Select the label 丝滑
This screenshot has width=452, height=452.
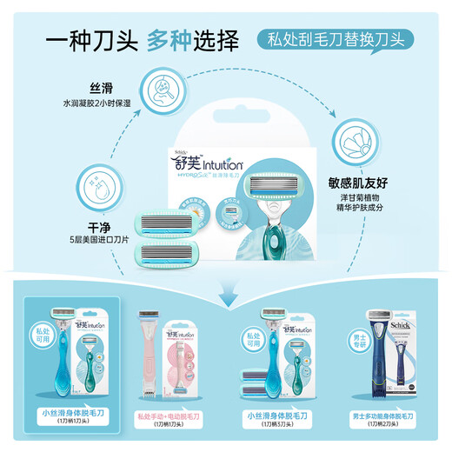[102, 89]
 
